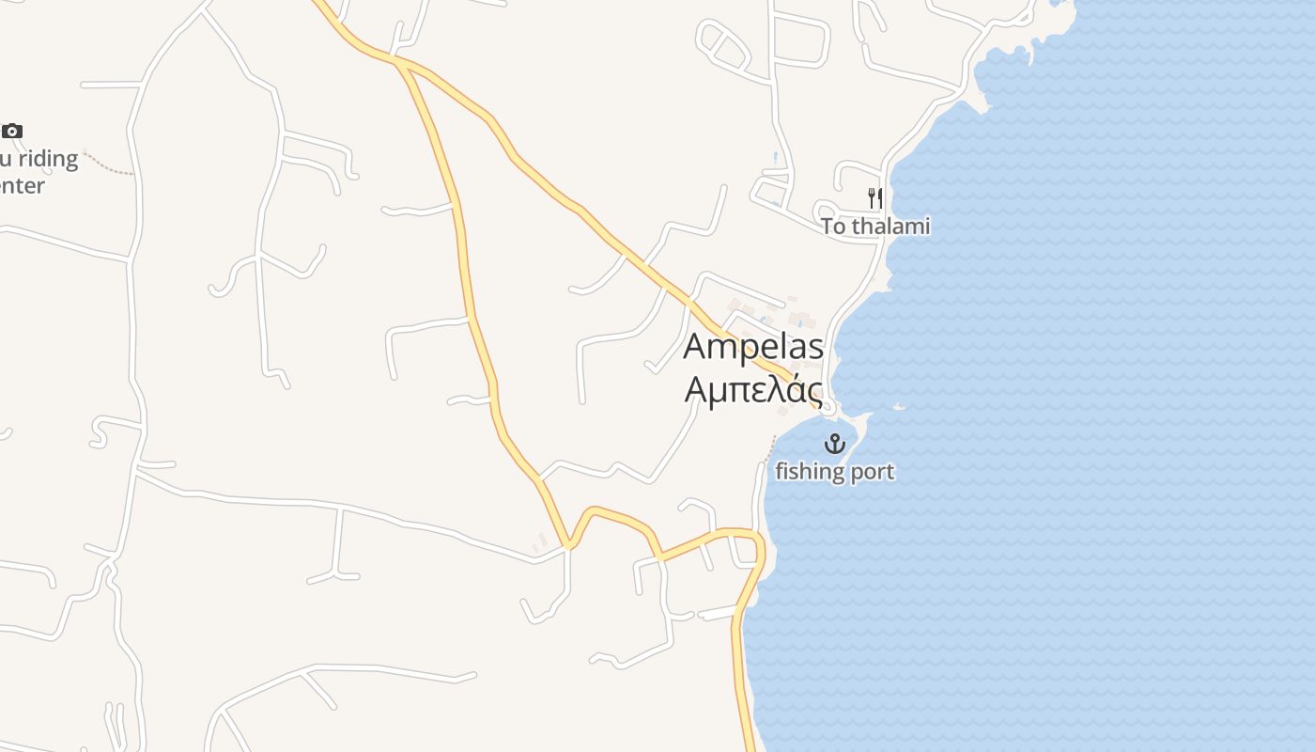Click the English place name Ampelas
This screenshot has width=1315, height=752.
tap(753, 347)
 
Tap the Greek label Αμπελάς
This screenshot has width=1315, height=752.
tap(753, 389)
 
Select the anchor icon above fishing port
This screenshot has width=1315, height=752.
tap(834, 444)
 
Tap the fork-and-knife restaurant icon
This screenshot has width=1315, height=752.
tap(875, 197)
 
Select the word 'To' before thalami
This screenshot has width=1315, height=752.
tap(833, 227)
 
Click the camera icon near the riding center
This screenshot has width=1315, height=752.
tap(12, 131)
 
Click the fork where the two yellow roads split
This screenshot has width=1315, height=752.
tap(398, 62)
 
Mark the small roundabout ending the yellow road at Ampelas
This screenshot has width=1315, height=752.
tap(828, 408)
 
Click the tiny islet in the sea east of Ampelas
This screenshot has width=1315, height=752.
tap(899, 406)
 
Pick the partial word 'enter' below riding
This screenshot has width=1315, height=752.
tap(21, 186)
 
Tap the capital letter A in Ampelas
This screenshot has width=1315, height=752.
tap(695, 347)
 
